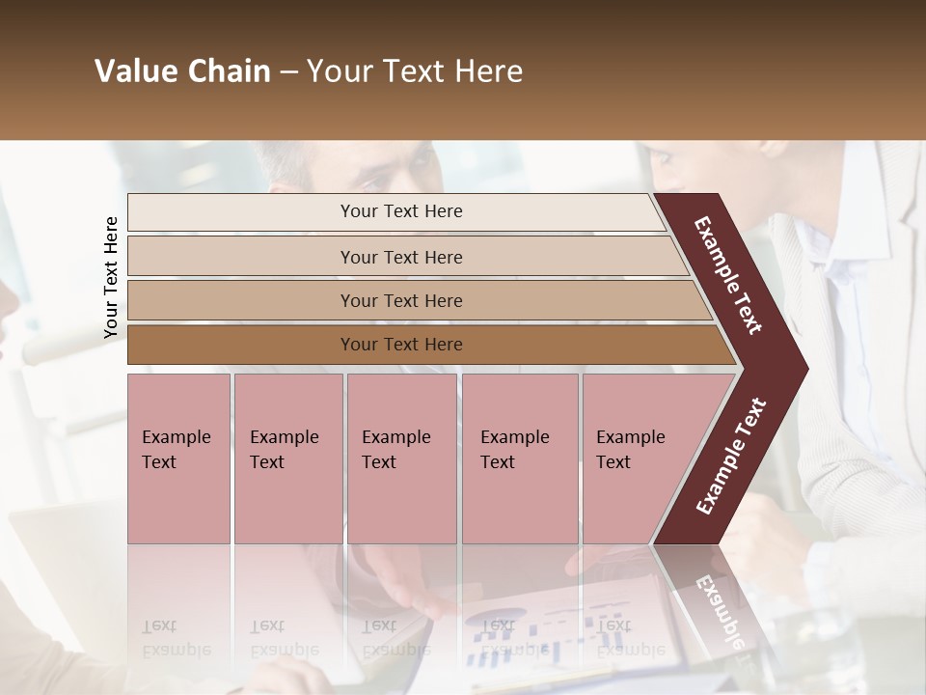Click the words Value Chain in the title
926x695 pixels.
[x=182, y=71]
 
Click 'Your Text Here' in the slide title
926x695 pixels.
[x=415, y=71]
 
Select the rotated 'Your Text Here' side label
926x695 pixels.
[x=111, y=277]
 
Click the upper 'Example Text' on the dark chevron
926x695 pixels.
[x=728, y=275]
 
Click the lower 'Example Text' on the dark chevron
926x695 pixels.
[x=730, y=457]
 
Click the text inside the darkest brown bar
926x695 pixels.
[x=401, y=345]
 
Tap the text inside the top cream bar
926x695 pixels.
[x=401, y=211]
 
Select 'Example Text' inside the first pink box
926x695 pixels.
[x=176, y=450]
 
